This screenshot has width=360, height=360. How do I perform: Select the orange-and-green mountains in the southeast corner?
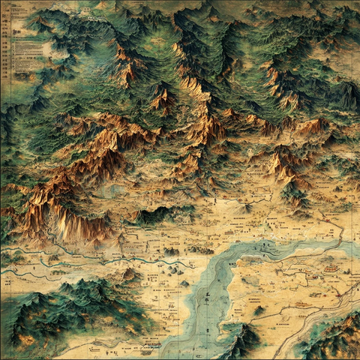334,337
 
